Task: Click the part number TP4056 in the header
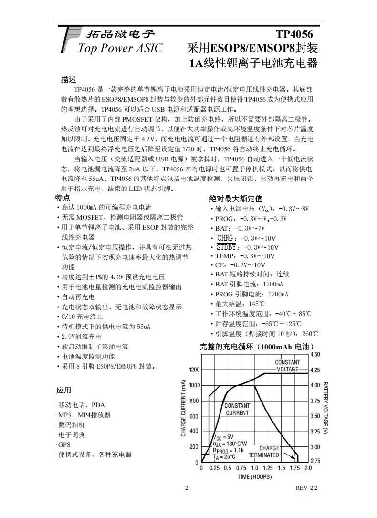[294, 34]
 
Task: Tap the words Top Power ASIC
[120, 48]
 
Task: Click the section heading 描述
[69, 79]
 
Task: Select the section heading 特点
[63, 198]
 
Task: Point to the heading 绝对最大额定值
[236, 199]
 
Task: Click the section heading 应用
[63, 391]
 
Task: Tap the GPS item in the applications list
[63, 445]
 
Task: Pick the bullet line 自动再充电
[77, 297]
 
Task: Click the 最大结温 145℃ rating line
[239, 304]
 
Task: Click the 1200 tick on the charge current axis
[194, 370]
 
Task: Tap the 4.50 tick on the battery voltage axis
[315, 355]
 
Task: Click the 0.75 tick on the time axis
[241, 468]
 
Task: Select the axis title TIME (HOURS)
[254, 476]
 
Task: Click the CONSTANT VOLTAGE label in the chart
[288, 366]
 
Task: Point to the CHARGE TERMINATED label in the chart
[270, 452]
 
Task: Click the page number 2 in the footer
[187, 488]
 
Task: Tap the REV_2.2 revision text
[306, 488]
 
